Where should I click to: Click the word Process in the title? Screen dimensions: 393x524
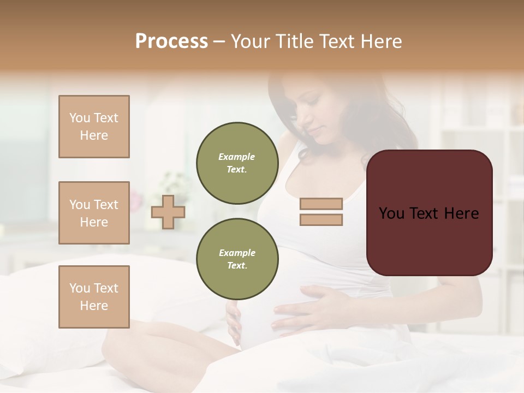[x=171, y=41]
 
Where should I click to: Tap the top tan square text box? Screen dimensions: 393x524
[x=94, y=127]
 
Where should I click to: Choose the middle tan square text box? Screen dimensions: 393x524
[x=94, y=213]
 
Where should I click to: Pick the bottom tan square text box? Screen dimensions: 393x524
[x=94, y=296]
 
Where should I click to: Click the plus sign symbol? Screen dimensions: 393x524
[x=168, y=212]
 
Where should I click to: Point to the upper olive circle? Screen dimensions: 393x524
[x=237, y=163]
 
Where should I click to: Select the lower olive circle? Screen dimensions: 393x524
[x=237, y=259]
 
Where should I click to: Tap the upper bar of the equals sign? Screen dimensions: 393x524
[x=321, y=204]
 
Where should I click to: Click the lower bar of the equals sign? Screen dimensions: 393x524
[x=321, y=220]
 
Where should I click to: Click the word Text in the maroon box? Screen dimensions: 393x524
[x=429, y=213]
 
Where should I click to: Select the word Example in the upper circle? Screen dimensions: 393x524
[x=237, y=157]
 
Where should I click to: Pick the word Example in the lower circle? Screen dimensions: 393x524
[x=237, y=253]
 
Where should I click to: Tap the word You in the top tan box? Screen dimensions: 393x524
[x=80, y=118]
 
